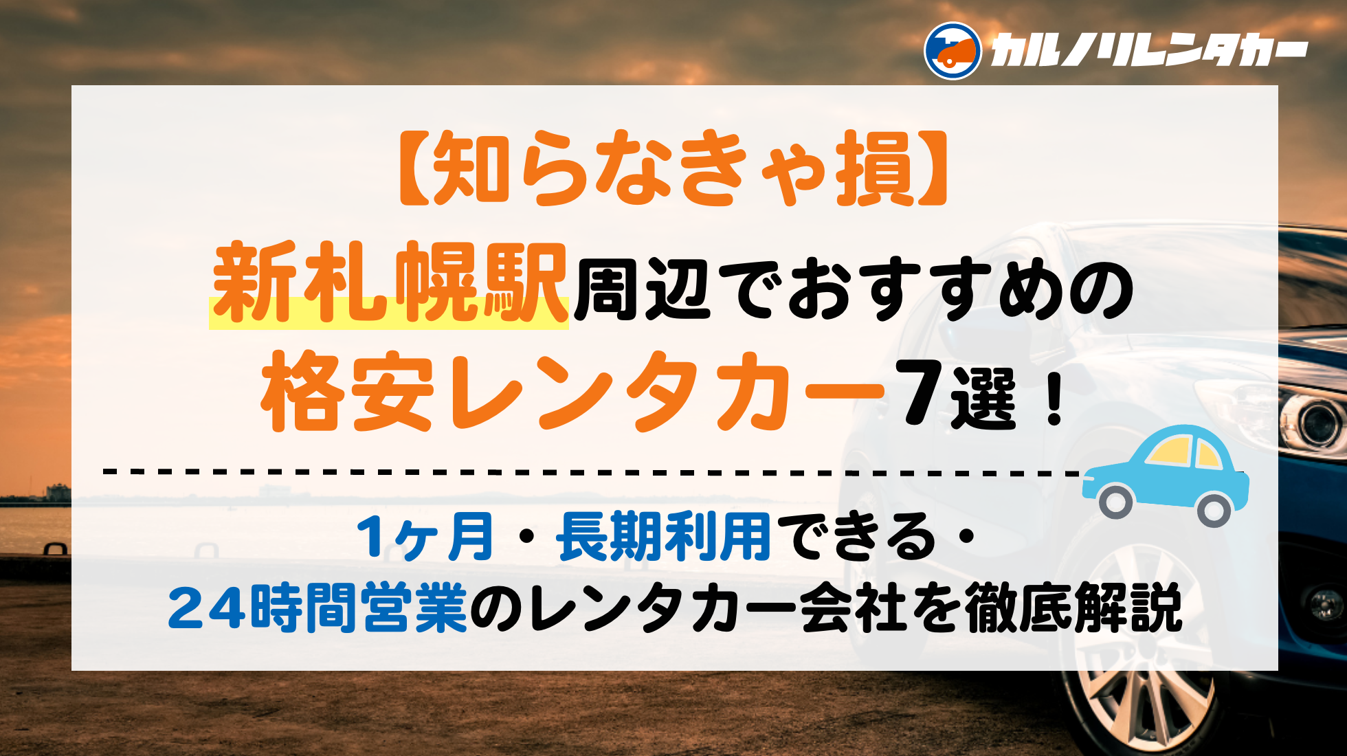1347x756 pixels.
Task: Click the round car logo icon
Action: point(953,51)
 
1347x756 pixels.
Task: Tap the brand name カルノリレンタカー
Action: point(1148,52)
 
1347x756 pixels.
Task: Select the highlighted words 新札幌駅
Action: point(389,283)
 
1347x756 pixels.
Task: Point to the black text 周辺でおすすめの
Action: point(854,289)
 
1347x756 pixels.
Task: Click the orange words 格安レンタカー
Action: point(572,391)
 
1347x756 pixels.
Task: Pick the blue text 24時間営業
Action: point(318,608)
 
